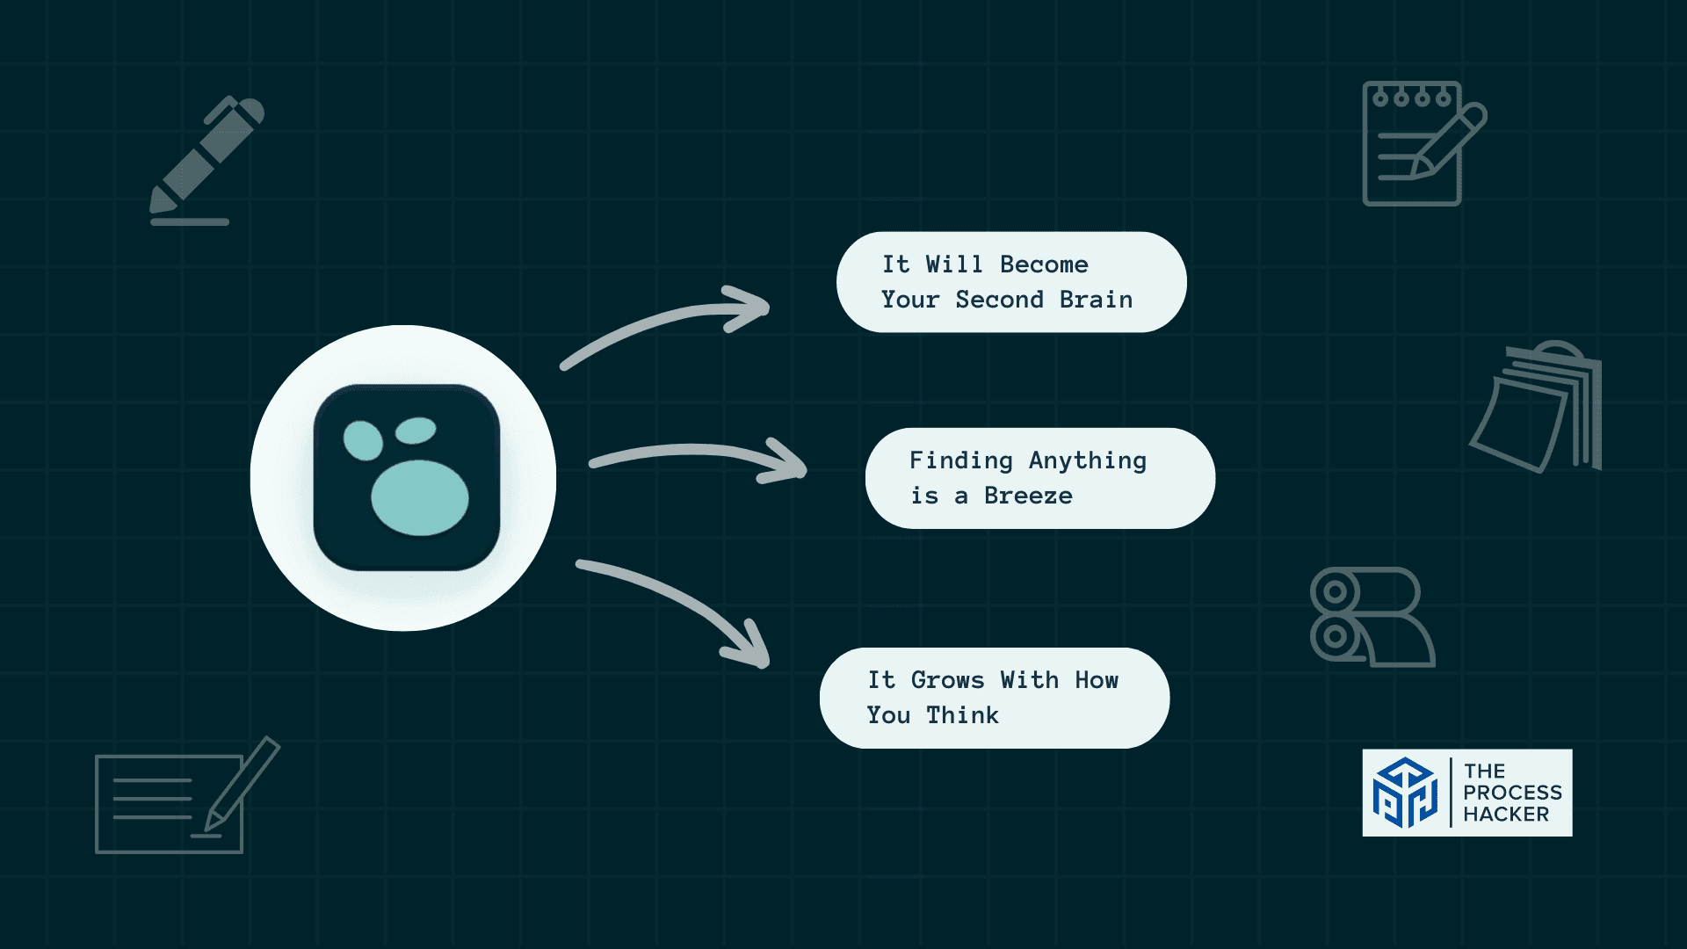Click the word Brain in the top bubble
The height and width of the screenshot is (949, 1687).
tap(1096, 300)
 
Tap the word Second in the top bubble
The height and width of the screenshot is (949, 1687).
tap(999, 300)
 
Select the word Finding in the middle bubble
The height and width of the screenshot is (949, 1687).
tap(960, 461)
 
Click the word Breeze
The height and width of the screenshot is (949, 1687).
tap(1028, 496)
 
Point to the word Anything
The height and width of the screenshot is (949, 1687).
tap(1087, 461)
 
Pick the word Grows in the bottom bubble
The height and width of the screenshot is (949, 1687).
tap(947, 680)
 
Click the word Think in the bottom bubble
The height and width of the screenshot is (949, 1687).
tap(962, 715)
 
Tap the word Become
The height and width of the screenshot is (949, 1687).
tap(1044, 264)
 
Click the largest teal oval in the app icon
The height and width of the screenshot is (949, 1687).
tap(420, 497)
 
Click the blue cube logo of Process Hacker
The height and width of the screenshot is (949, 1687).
tap(1405, 793)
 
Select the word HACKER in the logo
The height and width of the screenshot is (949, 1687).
tap(1506, 815)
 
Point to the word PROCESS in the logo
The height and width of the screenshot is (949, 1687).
tap(1512, 793)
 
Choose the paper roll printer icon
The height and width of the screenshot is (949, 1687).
tap(1371, 617)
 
